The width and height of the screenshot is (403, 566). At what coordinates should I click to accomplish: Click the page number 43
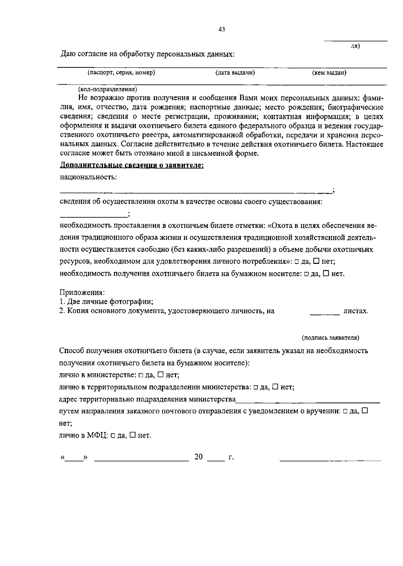[x=222, y=30]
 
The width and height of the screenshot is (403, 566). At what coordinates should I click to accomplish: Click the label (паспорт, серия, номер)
[x=121, y=73]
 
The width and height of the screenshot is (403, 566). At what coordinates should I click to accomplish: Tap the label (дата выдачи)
[x=235, y=73]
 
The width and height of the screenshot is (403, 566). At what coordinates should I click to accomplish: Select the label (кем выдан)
[x=329, y=73]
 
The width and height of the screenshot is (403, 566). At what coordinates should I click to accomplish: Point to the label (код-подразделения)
[x=107, y=90]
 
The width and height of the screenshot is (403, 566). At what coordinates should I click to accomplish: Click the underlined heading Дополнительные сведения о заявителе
[x=132, y=166]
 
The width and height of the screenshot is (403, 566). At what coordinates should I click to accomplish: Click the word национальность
[x=88, y=177]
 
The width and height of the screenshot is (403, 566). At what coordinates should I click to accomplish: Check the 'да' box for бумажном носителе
[x=306, y=274]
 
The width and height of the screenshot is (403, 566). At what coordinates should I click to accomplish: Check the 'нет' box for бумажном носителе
[x=326, y=274]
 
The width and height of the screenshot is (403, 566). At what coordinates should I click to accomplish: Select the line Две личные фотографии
[x=106, y=301]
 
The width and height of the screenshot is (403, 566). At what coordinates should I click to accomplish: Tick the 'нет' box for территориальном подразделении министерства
[x=275, y=387]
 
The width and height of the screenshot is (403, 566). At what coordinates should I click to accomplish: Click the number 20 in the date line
[x=198, y=457]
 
